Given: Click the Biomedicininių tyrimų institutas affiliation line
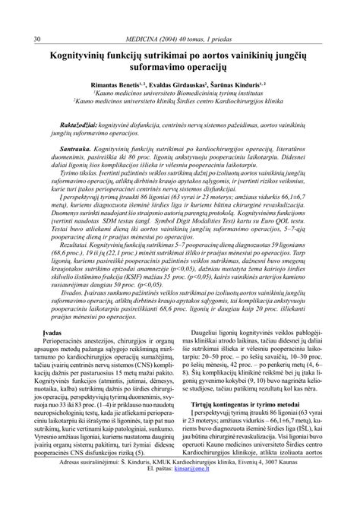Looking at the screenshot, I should coord(179,99).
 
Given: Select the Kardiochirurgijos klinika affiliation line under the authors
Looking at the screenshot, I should coord(179,108).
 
